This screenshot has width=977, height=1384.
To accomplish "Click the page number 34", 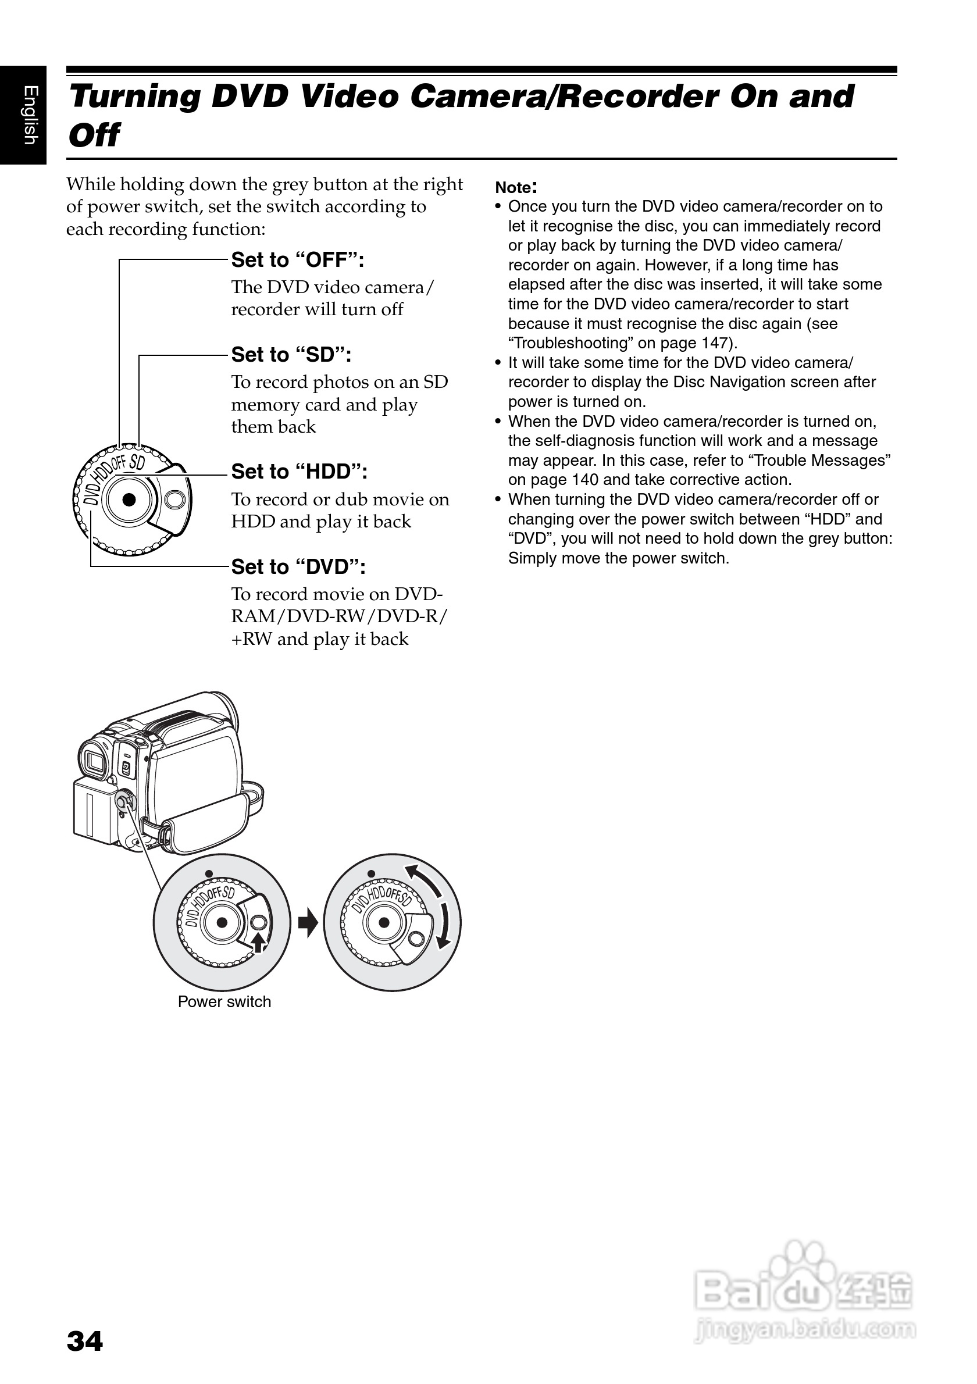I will click(x=85, y=1341).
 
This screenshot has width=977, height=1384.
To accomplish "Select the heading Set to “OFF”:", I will click(x=298, y=260).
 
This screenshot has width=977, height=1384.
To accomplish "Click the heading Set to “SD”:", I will click(x=291, y=355).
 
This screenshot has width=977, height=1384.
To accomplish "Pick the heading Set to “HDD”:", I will click(x=299, y=472).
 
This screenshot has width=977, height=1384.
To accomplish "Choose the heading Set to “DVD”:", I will click(x=298, y=566).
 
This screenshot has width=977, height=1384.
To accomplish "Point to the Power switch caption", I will click(x=224, y=1002).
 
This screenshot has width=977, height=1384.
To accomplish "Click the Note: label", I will click(x=516, y=187).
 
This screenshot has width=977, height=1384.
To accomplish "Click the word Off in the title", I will click(x=94, y=135).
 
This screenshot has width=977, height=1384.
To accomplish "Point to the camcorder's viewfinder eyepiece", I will click(x=94, y=761).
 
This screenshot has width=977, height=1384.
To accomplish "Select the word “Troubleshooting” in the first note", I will click(x=569, y=343).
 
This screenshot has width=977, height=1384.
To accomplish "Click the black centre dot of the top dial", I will click(x=129, y=500).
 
